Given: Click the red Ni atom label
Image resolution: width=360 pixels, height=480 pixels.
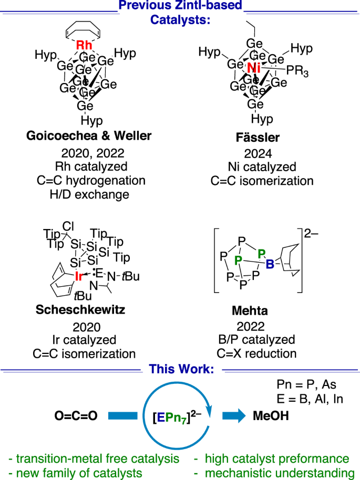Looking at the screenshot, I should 254,68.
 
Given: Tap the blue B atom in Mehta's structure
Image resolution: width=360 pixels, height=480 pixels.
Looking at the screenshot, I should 270,265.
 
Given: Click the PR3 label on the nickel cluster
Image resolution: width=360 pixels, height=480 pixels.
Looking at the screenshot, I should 299,70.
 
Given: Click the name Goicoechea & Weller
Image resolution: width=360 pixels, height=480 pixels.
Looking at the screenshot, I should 88,137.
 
